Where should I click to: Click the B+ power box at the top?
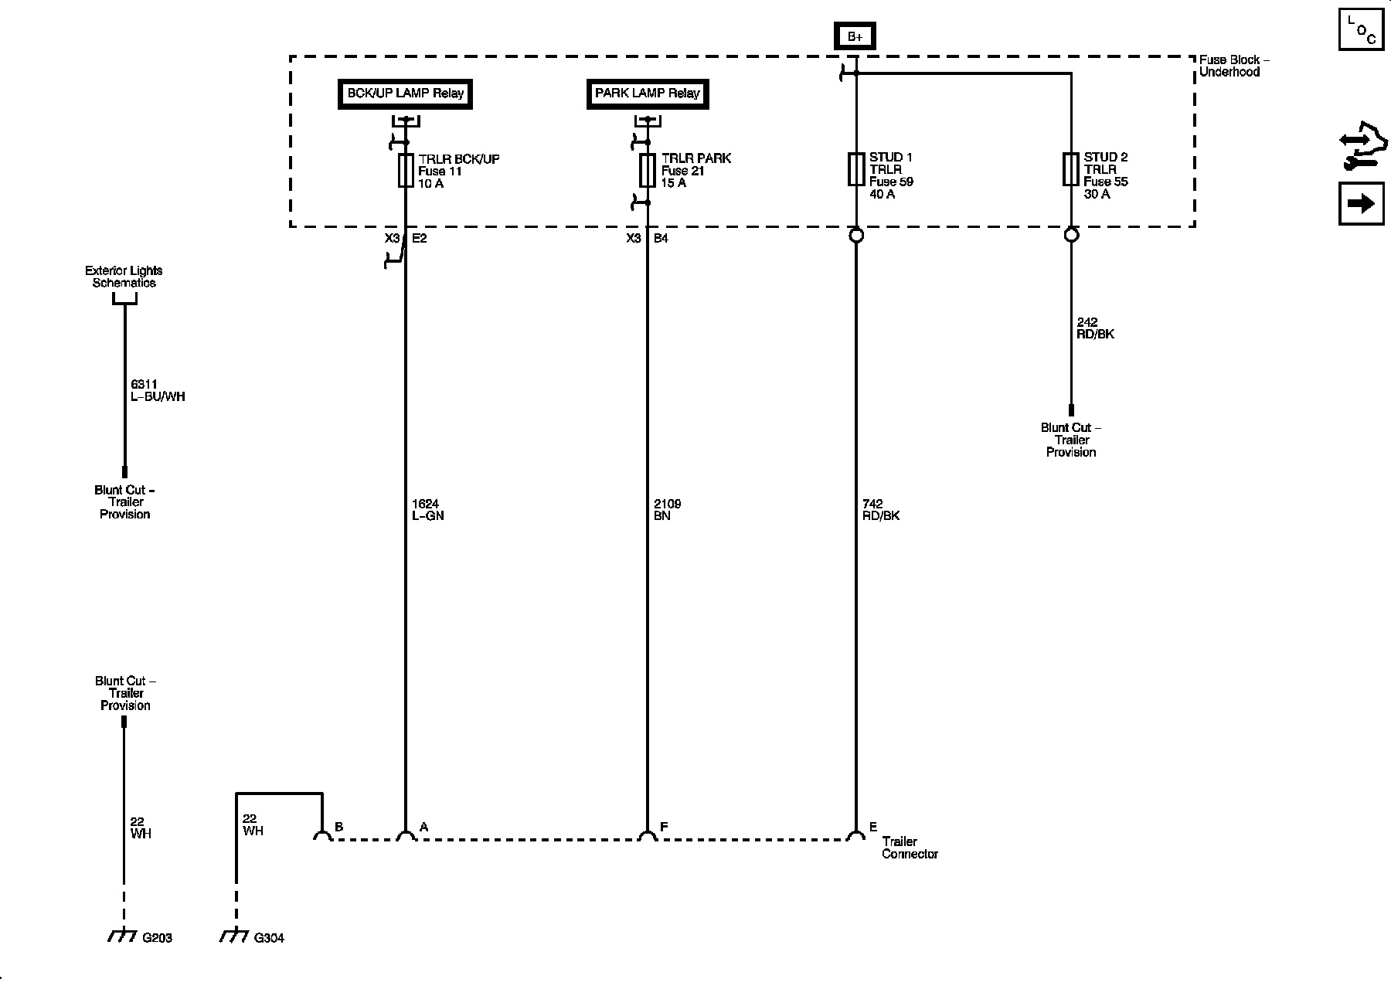(x=855, y=36)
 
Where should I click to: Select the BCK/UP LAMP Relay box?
(x=405, y=93)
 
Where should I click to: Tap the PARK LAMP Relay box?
(x=648, y=93)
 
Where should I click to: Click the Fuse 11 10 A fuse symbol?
(x=406, y=170)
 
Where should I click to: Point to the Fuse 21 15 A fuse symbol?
(x=648, y=170)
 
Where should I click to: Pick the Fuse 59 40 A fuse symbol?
(x=855, y=169)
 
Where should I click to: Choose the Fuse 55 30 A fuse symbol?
(x=1070, y=169)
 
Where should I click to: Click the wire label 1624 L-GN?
(x=428, y=510)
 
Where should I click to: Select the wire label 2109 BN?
(x=668, y=510)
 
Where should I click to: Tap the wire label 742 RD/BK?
(x=881, y=510)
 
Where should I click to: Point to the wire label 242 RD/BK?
(x=1096, y=328)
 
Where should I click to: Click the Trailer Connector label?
(x=910, y=848)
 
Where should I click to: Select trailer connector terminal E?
(x=855, y=836)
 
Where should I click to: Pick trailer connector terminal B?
(x=321, y=836)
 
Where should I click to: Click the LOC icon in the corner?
(x=1361, y=29)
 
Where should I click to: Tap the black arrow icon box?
(x=1361, y=203)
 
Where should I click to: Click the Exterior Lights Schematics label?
(x=124, y=277)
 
